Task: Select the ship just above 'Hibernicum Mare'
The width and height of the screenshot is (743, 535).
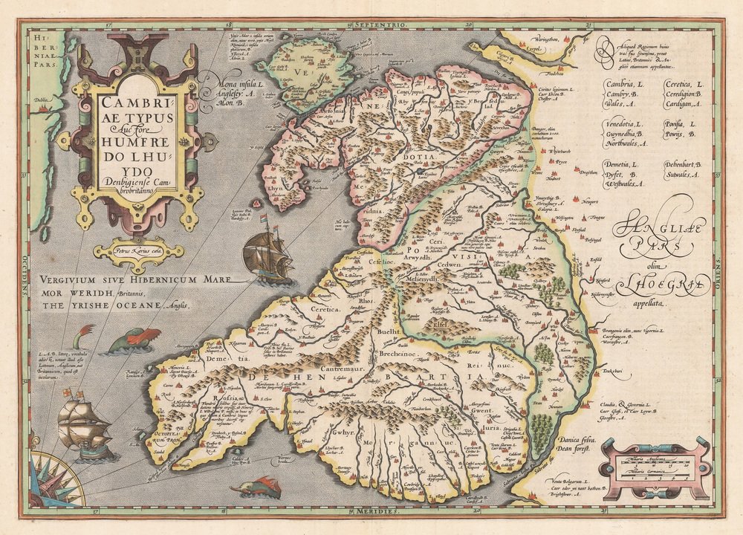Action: pyautogui.click(x=266, y=255)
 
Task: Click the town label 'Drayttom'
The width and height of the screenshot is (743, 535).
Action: pyautogui.click(x=589, y=172)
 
